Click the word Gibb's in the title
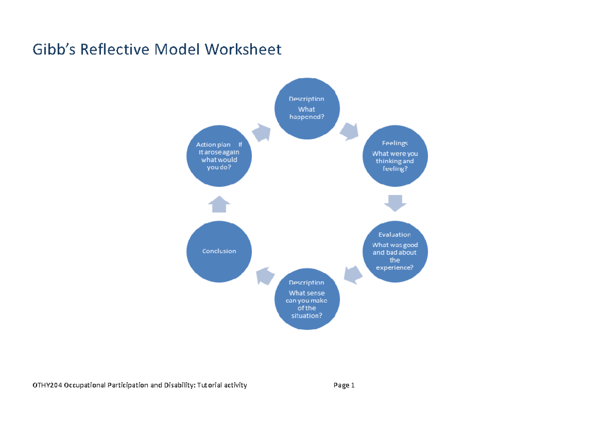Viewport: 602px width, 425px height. coord(54,50)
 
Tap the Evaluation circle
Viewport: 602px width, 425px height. coord(395,250)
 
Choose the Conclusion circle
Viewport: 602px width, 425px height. coord(219,251)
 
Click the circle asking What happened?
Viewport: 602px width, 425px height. coord(307,108)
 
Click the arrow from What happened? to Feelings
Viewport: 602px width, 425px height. coord(349,131)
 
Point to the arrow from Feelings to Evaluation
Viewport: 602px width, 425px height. coord(395,202)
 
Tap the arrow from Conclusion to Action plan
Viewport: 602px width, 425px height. coord(219,204)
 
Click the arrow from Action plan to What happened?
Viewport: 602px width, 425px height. coord(261,133)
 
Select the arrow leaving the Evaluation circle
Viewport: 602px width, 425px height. coord(354,274)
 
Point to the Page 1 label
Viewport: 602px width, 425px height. coord(344,385)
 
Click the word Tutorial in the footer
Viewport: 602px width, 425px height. coord(210,385)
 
